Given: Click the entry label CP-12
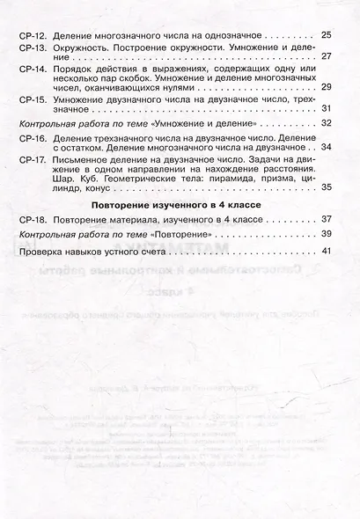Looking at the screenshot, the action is click(32, 34).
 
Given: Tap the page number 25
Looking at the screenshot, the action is click(327, 34).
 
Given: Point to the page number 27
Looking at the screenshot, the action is click(327, 55).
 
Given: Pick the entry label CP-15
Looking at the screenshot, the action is click(32, 99).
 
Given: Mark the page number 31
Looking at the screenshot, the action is click(327, 109).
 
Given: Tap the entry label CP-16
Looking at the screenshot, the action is click(32, 139).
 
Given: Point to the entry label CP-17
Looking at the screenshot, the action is click(32, 160).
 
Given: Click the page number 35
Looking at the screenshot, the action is click(327, 188).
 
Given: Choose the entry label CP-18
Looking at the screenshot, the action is click(32, 217).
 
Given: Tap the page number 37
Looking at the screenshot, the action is click(327, 217).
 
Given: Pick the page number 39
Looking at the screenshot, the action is click(327, 234).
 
